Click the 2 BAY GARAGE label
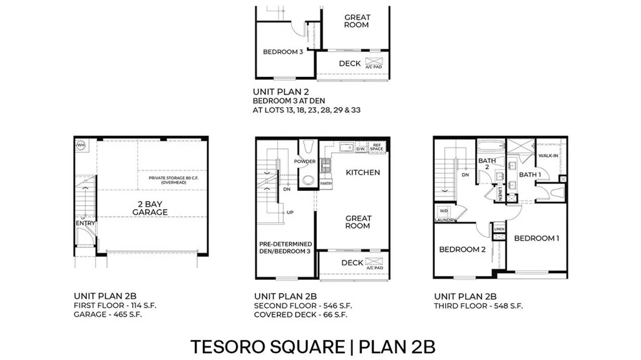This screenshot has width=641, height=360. pyautogui.click(x=150, y=208)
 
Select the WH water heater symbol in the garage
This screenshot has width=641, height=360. pyautogui.click(x=80, y=145)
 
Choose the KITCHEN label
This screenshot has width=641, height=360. pyautogui.click(x=362, y=172)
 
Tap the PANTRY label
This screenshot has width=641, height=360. pyautogui.click(x=326, y=183)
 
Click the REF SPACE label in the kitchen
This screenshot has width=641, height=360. pyautogui.click(x=376, y=148)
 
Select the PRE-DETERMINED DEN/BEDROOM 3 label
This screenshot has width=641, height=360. pyautogui.click(x=285, y=247)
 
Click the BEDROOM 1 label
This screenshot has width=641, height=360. pyautogui.click(x=536, y=238)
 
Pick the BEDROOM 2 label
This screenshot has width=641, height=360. pyautogui.click(x=462, y=249)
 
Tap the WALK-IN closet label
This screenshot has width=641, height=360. pyautogui.click(x=548, y=155)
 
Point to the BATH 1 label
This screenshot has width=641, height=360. pyautogui.click(x=530, y=174)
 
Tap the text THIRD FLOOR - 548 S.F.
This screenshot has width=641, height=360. pyautogui.click(x=478, y=306)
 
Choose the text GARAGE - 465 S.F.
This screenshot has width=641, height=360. pyautogui.click(x=108, y=314)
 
